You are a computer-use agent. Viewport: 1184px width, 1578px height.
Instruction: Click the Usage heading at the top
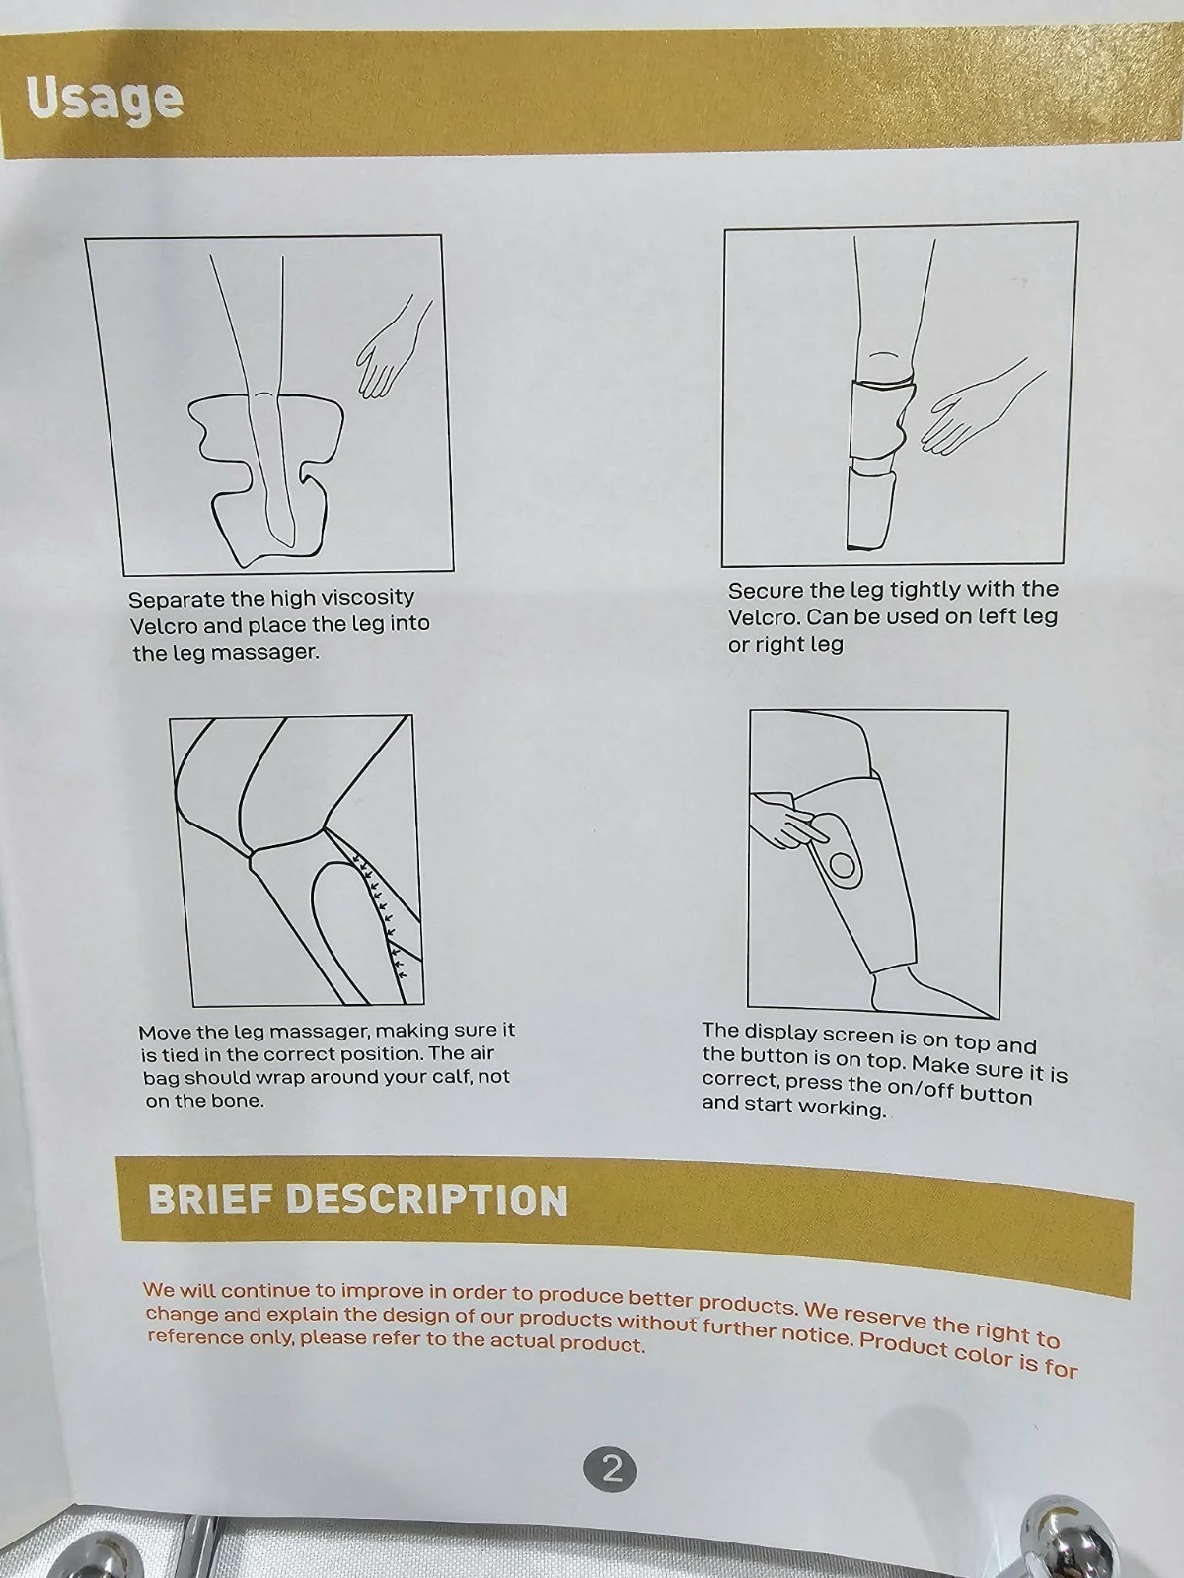[105, 100]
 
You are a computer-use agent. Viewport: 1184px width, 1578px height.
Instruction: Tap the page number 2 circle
[611, 1470]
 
